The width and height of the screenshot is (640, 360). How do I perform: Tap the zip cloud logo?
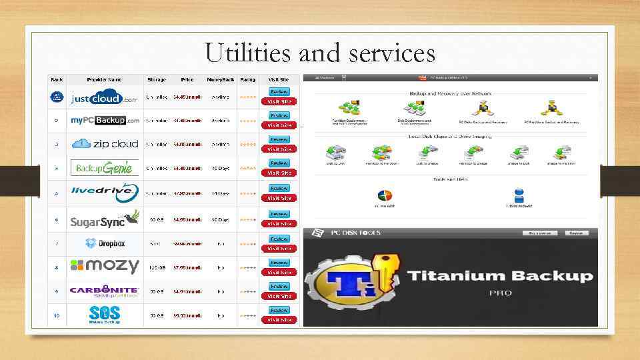(105, 144)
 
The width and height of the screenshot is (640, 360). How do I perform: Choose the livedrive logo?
(105, 192)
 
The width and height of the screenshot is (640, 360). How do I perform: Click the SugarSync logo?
(105, 219)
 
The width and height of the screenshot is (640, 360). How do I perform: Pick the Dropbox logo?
(105, 243)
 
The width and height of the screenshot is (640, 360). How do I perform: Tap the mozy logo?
(105, 266)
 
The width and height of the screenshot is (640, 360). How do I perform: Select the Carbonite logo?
(105, 291)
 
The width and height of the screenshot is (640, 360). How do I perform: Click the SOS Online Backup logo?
(105, 314)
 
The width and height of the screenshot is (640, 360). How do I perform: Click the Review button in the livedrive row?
(279, 188)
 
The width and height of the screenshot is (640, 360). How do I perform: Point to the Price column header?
(187, 79)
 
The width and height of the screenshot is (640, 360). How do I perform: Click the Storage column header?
(157, 79)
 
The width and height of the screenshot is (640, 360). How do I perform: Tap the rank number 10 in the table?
(56, 315)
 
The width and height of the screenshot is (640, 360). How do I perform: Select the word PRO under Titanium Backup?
(500, 293)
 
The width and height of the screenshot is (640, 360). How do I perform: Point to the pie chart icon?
(385, 197)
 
